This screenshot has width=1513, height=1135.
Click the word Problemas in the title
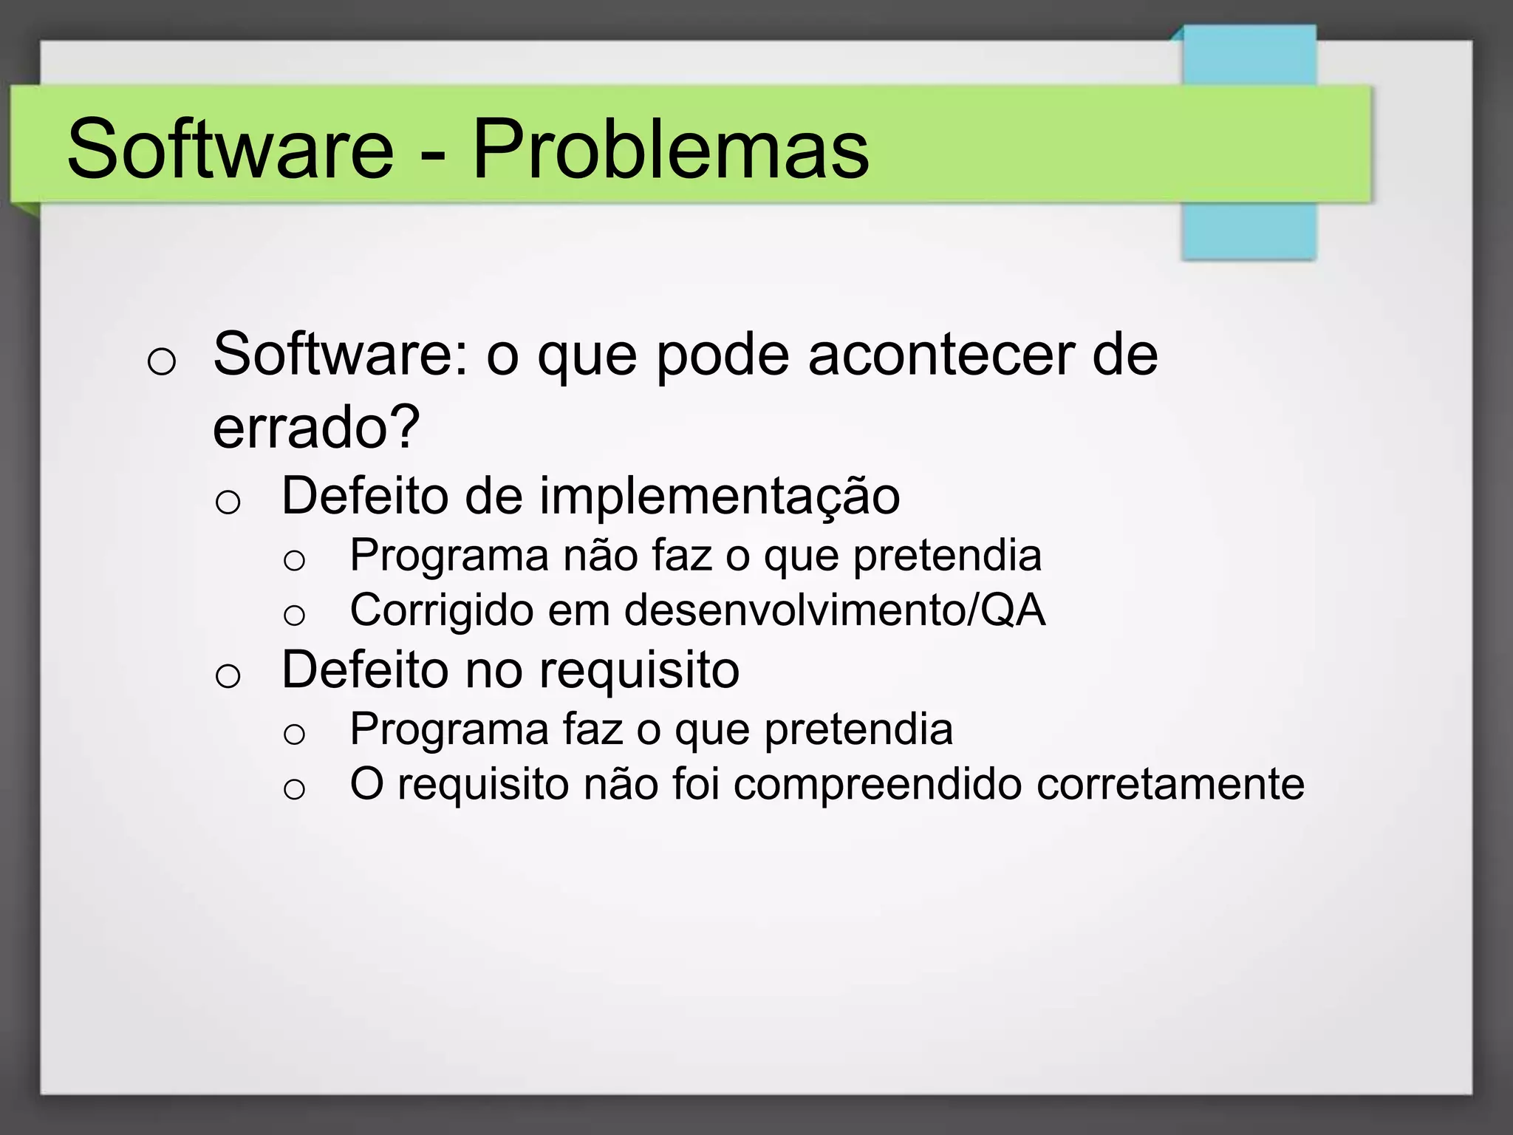tap(670, 150)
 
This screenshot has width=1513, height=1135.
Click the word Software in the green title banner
tap(230, 150)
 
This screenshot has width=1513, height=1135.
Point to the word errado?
tap(316, 427)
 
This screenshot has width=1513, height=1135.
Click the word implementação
tap(720, 497)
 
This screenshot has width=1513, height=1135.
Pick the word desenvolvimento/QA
tap(835, 610)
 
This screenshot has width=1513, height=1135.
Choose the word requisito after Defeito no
tap(639, 671)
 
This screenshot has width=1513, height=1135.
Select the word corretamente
tap(1170, 785)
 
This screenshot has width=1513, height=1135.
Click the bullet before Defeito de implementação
tap(228, 502)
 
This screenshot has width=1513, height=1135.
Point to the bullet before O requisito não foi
tap(294, 789)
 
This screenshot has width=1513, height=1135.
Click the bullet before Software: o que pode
tap(161, 362)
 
